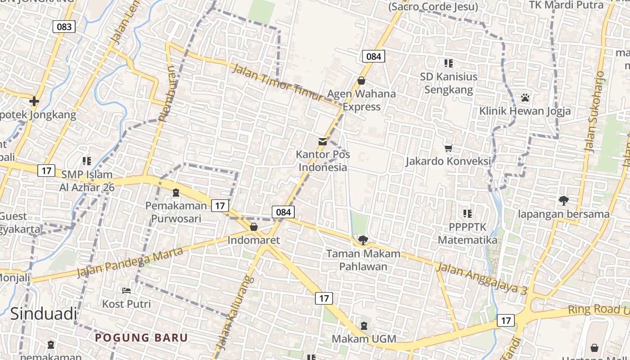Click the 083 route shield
[64, 27]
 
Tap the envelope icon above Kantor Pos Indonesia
[323, 142]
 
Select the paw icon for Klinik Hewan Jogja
[525, 98]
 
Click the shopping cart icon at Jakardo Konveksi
[448, 148]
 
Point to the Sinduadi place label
[43, 314]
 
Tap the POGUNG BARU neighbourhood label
[141, 337]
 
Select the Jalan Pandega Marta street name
[130, 262]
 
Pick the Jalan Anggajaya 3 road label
[481, 279]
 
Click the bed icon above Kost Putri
[126, 291]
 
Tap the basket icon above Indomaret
[254, 227]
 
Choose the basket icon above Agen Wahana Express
[361, 81]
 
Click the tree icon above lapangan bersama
[563, 201]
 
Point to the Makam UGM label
[364, 338]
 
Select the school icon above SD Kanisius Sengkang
[448, 63]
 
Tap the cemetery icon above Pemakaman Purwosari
[176, 193]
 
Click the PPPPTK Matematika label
[468, 234]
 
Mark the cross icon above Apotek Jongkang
[34, 101]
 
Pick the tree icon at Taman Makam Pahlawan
[363, 240]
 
